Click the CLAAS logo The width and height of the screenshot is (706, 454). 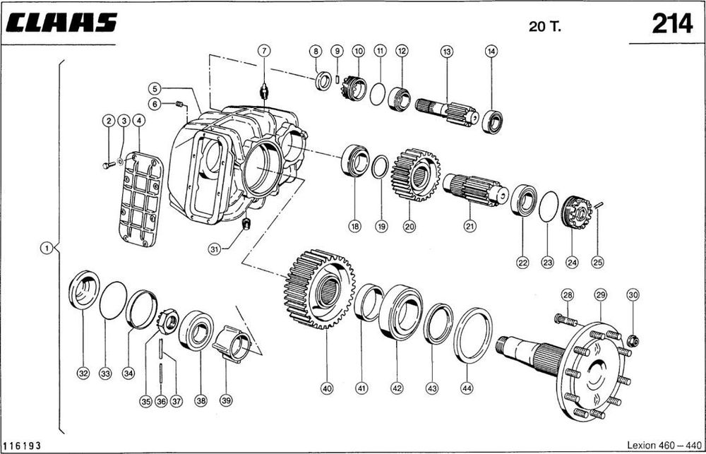coord(63,23)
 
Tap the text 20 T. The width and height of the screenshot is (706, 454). coord(544,27)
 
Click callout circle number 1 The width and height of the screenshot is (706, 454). coord(46,248)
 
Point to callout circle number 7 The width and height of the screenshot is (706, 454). coord(263,51)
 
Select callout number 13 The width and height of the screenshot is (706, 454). coord(446,51)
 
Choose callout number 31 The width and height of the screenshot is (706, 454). coord(215,248)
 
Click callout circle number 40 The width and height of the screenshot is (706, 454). coord(326,388)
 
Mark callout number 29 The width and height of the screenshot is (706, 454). coord(600,294)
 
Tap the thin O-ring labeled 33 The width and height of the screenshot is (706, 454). coord(113,300)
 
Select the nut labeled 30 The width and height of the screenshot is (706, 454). coord(633,341)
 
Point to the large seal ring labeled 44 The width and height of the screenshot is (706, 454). coord(473,335)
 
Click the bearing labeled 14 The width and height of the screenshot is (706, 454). coord(491,121)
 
